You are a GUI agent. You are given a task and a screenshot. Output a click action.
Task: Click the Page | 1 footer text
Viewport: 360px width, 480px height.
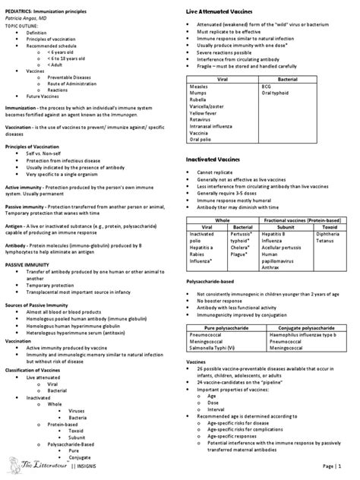(339, 465)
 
